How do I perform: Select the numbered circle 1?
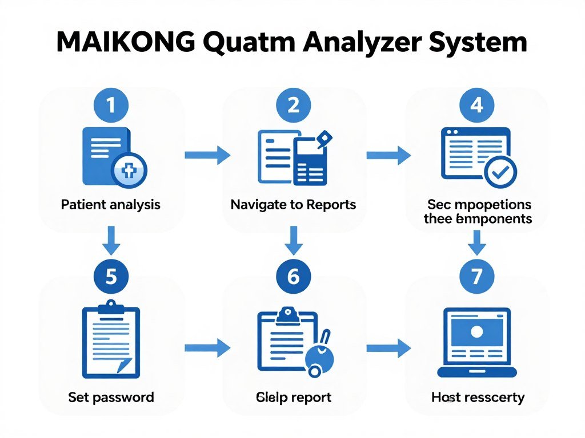(x=111, y=105)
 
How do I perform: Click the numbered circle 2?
(x=293, y=105)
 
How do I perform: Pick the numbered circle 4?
(x=476, y=105)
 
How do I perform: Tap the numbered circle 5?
(x=111, y=277)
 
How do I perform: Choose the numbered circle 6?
(x=293, y=277)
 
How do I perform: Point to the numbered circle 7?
(x=476, y=277)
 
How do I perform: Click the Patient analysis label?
(x=110, y=204)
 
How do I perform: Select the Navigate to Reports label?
(x=293, y=204)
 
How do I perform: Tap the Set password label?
(x=111, y=397)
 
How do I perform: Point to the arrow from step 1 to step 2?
(x=207, y=154)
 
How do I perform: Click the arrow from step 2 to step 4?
(x=388, y=154)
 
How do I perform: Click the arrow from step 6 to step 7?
(x=388, y=347)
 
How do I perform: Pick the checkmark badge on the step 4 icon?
(x=500, y=172)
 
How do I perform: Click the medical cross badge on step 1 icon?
(x=129, y=170)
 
